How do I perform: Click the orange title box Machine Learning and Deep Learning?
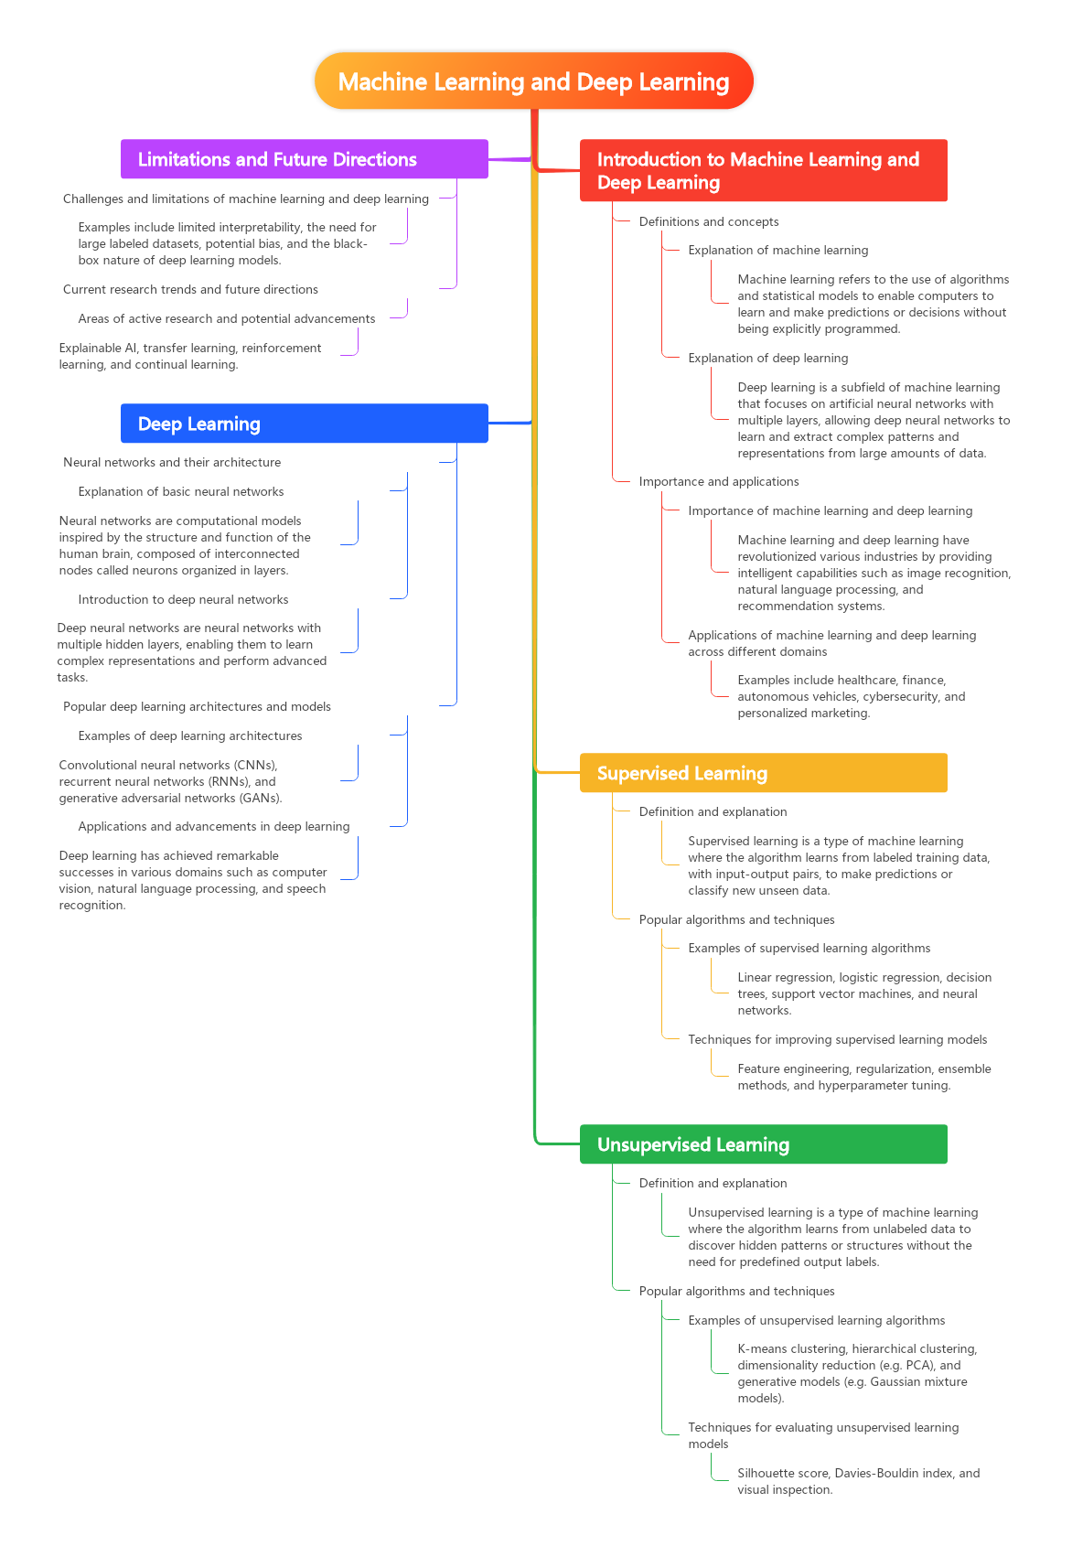click(533, 81)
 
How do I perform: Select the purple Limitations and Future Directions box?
click(305, 159)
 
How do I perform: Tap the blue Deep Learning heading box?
click(305, 423)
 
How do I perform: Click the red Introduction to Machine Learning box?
click(764, 170)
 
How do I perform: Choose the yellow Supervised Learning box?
click(764, 772)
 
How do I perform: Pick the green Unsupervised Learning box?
click(764, 1143)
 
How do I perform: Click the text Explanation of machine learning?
click(778, 250)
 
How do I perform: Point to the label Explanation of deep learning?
click(767, 358)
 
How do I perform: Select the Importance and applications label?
click(719, 481)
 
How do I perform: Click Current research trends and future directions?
click(190, 289)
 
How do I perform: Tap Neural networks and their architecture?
click(172, 462)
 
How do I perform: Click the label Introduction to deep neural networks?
click(183, 599)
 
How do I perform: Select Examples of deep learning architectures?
click(190, 735)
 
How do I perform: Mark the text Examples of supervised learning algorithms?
click(809, 948)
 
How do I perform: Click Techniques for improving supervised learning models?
click(837, 1039)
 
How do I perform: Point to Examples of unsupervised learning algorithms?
click(817, 1320)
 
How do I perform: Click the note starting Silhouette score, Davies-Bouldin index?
click(858, 1481)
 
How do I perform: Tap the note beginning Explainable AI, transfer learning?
click(190, 356)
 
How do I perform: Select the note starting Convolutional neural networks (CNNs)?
click(170, 781)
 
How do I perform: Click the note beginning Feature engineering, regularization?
click(863, 1077)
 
